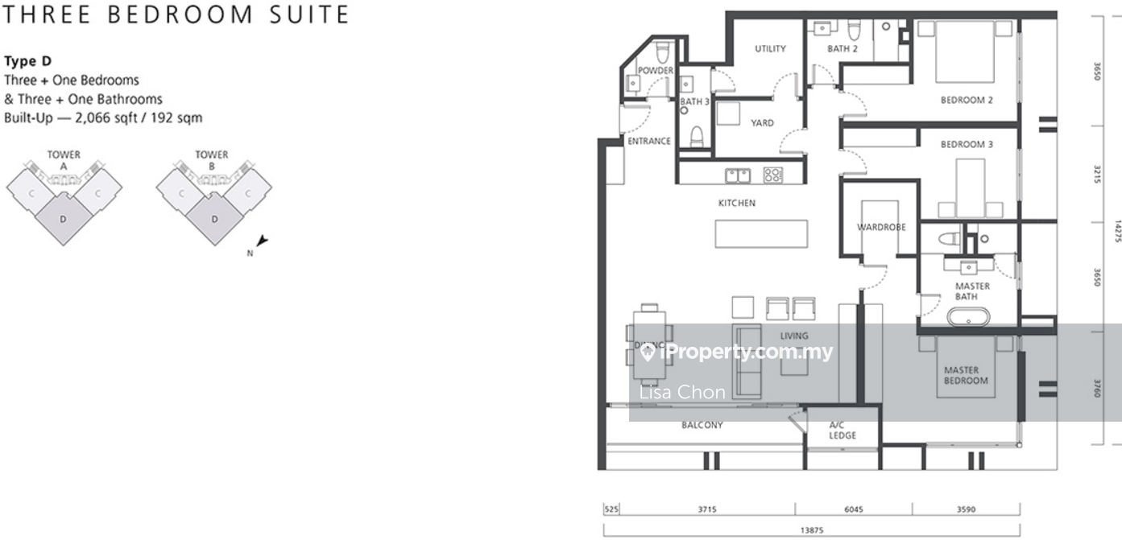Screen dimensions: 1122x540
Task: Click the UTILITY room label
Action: [770, 48]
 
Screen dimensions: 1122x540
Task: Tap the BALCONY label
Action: [702, 425]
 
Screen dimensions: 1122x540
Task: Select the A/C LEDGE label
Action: [843, 431]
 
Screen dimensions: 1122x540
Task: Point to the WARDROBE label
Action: [881, 227]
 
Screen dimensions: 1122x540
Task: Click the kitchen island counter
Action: [761, 233]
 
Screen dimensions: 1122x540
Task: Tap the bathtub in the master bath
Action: [968, 317]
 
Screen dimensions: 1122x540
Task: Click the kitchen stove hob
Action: [773, 175]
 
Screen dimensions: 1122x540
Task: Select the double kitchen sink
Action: [738, 175]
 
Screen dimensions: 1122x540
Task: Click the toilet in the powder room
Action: [663, 52]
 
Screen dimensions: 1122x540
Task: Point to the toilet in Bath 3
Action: [697, 136]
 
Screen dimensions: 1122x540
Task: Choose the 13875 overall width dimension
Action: [812, 530]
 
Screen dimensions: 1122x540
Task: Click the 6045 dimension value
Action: [854, 509]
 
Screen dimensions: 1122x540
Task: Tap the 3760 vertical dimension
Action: [1098, 389]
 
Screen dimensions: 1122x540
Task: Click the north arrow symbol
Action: [262, 241]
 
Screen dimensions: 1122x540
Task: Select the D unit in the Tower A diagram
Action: [63, 219]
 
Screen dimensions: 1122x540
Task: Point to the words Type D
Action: [28, 61]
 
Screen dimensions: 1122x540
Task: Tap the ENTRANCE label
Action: [649, 141]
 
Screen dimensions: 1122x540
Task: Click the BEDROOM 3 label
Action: [967, 145]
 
